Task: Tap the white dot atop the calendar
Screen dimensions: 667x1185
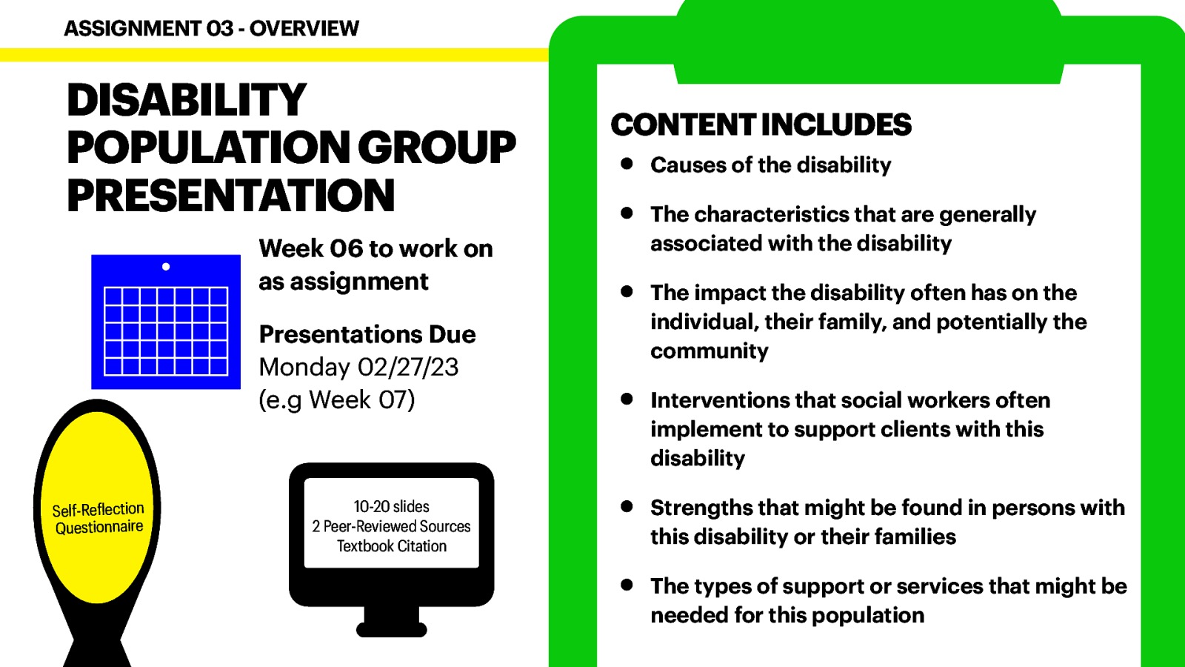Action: tap(166, 267)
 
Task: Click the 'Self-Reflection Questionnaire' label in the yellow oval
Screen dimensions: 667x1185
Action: tap(99, 518)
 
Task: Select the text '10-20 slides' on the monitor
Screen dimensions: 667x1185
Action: tap(391, 507)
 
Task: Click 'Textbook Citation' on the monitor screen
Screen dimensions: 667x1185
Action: tap(391, 546)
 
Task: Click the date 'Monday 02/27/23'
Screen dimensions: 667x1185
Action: tap(358, 367)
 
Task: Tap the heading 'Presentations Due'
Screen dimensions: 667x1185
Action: tap(367, 334)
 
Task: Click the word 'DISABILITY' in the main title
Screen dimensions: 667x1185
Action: tap(187, 100)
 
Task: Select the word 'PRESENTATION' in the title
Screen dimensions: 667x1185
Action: tap(230, 196)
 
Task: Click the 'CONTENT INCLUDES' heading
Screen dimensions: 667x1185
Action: tap(761, 125)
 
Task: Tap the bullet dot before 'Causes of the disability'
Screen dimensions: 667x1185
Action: tap(627, 164)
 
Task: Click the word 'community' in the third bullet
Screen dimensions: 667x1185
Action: tap(709, 351)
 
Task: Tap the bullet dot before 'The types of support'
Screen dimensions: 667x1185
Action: tap(627, 585)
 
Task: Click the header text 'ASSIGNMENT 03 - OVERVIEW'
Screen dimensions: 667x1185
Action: tap(211, 28)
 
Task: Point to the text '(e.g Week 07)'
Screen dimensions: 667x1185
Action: tap(337, 399)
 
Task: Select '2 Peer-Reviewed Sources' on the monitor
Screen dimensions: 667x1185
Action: tap(391, 526)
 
